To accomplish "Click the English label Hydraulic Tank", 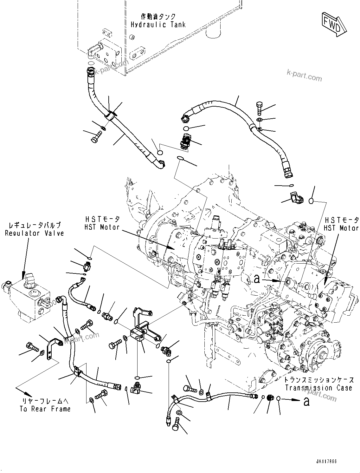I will (158, 24).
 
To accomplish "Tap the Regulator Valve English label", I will (35, 233).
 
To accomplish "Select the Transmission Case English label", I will (318, 388).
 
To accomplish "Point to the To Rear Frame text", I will (45, 409).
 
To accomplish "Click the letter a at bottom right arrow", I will (306, 402).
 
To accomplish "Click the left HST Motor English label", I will (102, 227).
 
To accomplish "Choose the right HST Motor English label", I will (341, 228).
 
